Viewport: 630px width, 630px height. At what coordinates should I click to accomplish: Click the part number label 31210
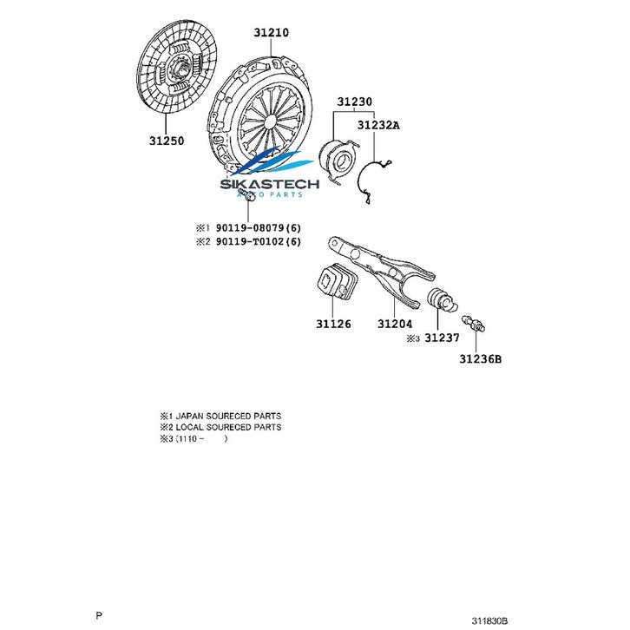click(x=271, y=33)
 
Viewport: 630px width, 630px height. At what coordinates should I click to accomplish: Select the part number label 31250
click(x=166, y=140)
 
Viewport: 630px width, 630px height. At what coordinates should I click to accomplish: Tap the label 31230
click(x=355, y=101)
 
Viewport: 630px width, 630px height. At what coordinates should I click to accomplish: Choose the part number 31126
click(x=333, y=324)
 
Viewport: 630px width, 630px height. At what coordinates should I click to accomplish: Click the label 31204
click(x=394, y=324)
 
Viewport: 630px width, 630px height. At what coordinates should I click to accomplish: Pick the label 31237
click(x=443, y=338)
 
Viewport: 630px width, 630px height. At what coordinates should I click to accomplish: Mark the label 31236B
click(x=481, y=357)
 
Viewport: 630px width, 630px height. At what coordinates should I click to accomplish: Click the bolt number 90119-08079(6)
click(x=258, y=228)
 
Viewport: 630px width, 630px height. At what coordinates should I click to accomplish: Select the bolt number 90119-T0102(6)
click(x=258, y=241)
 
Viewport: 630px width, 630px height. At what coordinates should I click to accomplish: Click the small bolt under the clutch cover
click(x=248, y=200)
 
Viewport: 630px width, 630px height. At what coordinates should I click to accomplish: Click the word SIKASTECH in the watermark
click(x=270, y=184)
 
